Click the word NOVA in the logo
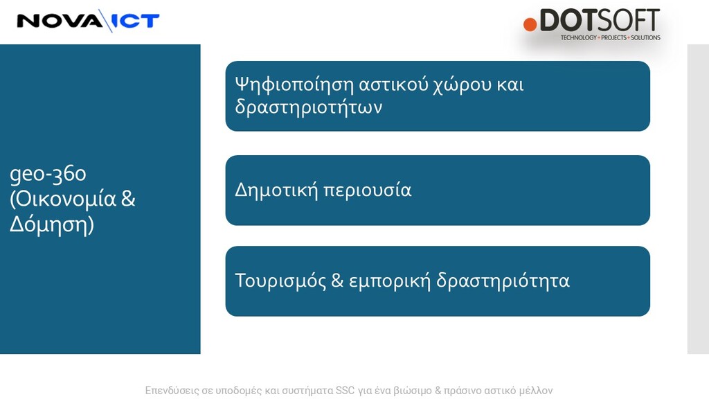(60, 21)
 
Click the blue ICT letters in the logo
(135, 21)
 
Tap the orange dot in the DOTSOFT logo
(530, 24)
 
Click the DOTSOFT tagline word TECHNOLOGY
(578, 37)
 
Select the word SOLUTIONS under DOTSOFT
(645, 37)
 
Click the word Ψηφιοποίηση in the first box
(294, 85)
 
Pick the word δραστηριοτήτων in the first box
(308, 107)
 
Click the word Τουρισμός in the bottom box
(280, 281)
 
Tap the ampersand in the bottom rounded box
(337, 281)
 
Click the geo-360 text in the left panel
(48, 174)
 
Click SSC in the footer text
(345, 391)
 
